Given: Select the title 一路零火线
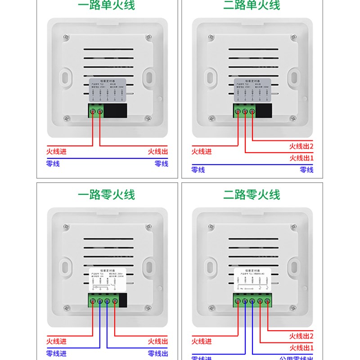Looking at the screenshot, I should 106,195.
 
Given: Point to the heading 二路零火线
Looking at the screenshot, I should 252,195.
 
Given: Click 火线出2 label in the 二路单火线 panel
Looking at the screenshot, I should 301,146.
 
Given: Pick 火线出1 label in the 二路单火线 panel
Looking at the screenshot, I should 301,158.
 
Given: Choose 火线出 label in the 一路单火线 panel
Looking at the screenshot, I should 158,152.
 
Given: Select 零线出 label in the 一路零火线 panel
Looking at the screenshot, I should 158,353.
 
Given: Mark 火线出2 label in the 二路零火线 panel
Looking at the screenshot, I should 301,336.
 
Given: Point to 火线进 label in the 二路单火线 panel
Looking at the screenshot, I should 201,152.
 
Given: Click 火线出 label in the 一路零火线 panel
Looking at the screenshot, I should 158,341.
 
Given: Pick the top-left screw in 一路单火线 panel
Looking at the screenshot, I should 66,36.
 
